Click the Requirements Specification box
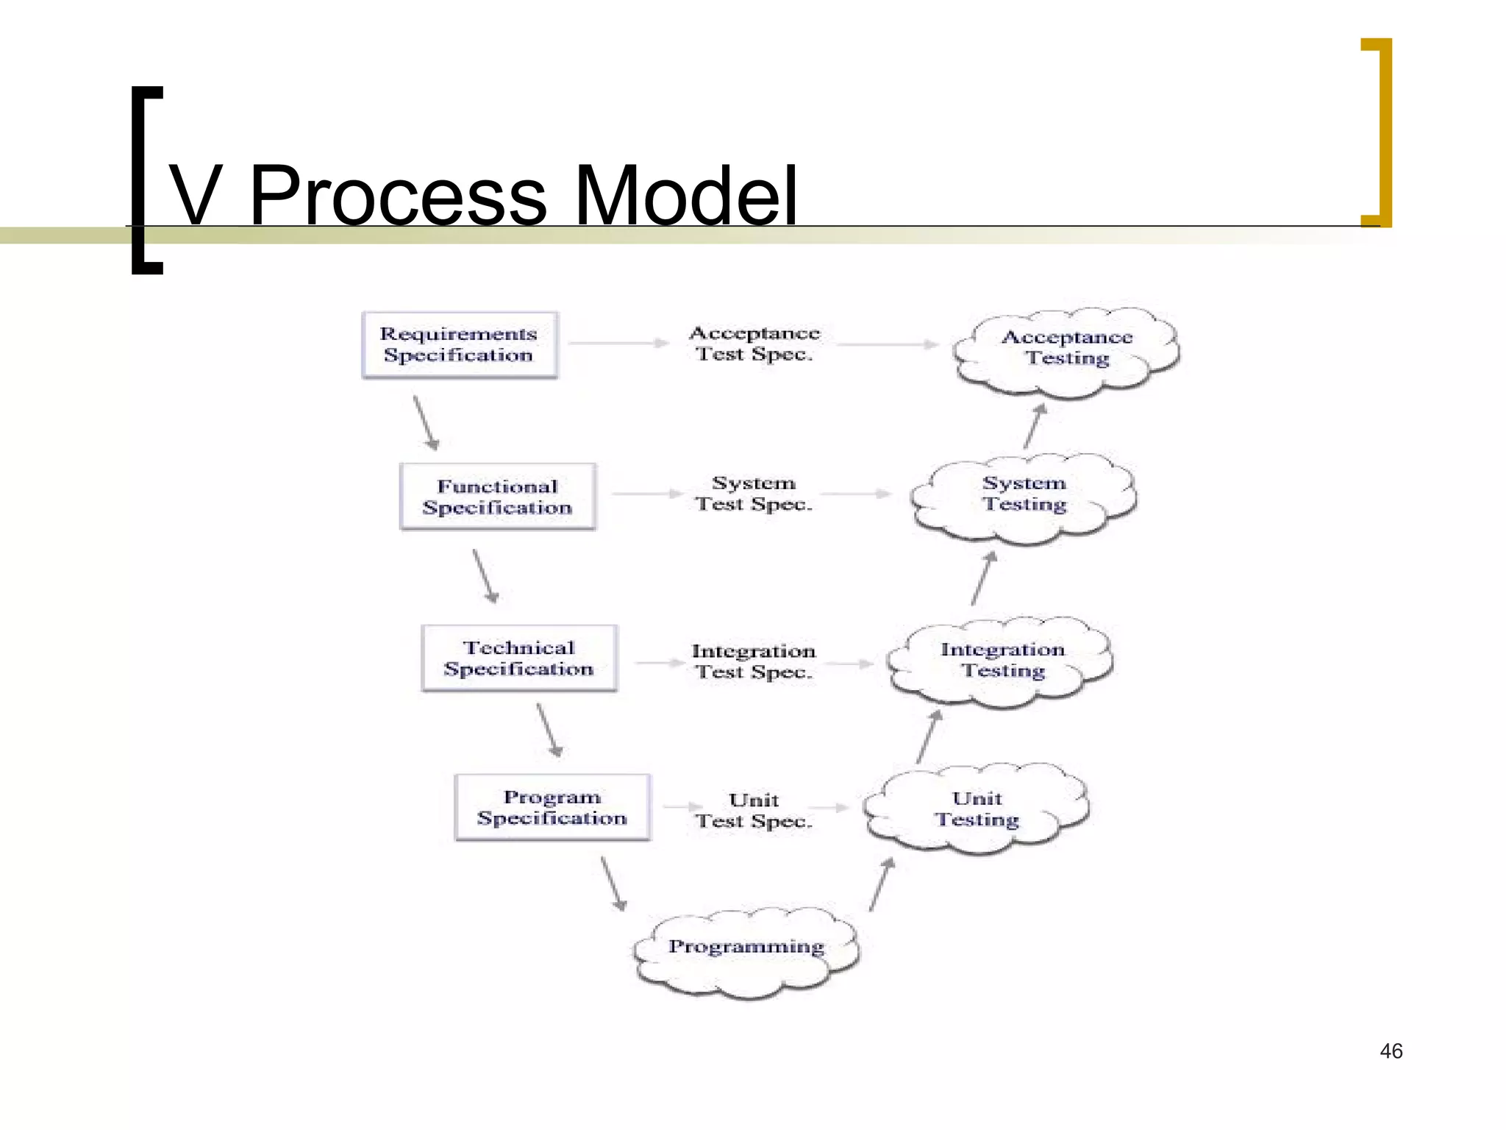(460, 345)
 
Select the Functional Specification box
(497, 497)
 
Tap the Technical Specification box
(518, 658)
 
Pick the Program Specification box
(552, 808)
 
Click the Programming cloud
(746, 951)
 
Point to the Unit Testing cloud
(977, 809)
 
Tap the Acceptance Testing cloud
(1066, 349)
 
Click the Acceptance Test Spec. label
(754, 344)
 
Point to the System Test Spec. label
(754, 494)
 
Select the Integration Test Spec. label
(754, 661)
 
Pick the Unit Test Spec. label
(754, 810)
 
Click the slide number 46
(1391, 1051)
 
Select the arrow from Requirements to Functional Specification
(426, 423)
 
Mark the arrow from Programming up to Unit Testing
(882, 884)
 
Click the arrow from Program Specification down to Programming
(613, 884)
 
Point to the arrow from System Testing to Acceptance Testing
(1035, 426)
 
